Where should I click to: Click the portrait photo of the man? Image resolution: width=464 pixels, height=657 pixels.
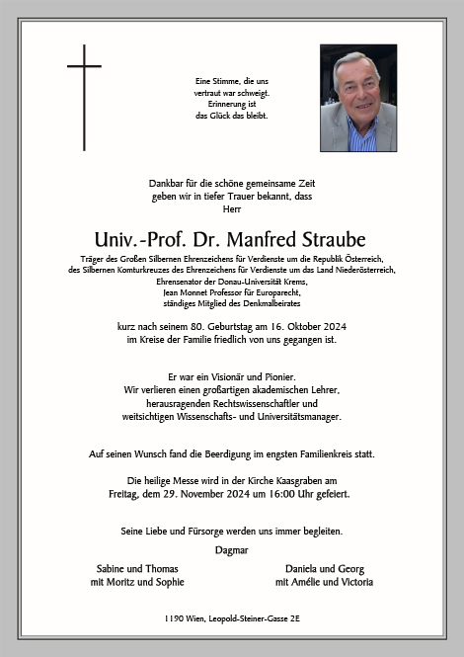pyautogui.click(x=357, y=98)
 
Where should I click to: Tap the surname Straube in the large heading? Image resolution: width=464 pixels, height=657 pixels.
pyautogui.click(x=330, y=240)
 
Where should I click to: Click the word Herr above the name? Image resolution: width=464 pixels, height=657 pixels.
pyautogui.click(x=232, y=209)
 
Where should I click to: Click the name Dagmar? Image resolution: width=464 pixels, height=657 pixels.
pyautogui.click(x=231, y=549)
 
